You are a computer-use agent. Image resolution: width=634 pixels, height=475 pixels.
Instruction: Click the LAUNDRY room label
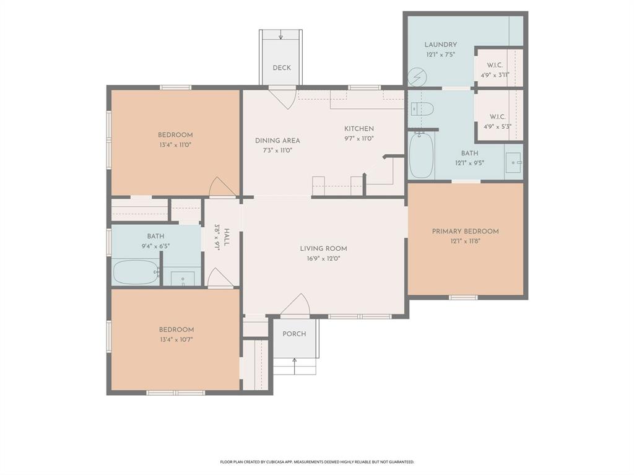click(441, 45)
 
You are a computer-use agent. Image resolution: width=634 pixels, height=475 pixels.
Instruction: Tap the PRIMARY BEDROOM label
click(465, 232)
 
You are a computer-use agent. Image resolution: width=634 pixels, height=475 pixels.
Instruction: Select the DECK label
click(282, 68)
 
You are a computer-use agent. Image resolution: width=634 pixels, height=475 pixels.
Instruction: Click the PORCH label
click(294, 334)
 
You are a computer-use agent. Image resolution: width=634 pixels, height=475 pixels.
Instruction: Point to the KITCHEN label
click(359, 129)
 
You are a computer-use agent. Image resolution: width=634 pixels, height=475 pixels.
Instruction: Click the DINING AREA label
click(277, 141)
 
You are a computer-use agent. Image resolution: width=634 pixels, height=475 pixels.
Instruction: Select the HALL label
click(227, 237)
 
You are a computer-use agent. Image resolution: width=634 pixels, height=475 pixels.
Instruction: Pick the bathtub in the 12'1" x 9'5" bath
click(421, 155)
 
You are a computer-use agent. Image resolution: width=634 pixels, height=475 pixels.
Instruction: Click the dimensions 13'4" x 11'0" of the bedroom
click(175, 145)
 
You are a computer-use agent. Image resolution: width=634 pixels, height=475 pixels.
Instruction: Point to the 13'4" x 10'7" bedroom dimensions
click(176, 339)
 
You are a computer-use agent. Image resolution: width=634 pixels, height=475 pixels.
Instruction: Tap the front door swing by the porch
click(296, 305)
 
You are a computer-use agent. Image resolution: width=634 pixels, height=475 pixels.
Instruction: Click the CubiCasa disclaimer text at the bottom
click(317, 462)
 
